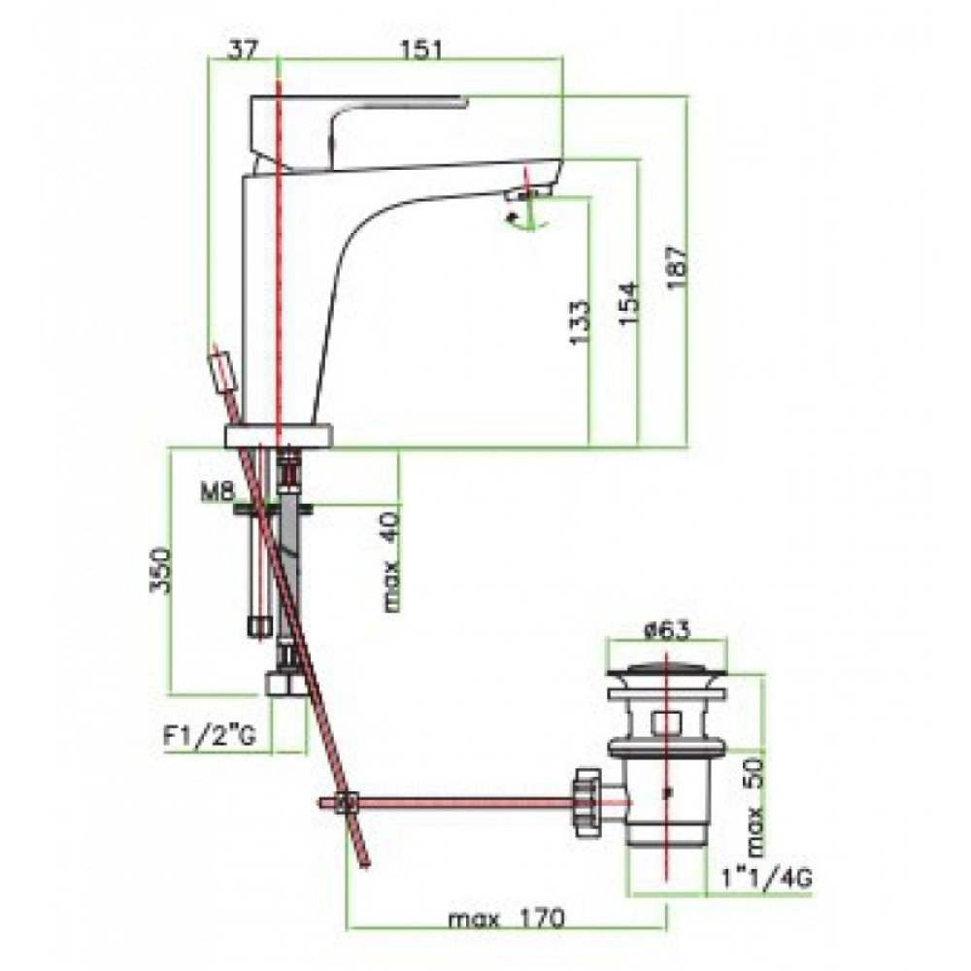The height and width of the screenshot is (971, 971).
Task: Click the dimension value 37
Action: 242,50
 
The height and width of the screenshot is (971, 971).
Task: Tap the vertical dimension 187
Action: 677,267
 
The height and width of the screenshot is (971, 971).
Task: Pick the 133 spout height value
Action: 580,322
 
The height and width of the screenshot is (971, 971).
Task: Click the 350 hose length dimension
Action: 160,570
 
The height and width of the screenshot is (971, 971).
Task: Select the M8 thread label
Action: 218,493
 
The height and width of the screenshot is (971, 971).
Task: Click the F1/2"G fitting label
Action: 210,738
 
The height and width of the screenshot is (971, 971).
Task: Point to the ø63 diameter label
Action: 667,630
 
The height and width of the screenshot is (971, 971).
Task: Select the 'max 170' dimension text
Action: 507,919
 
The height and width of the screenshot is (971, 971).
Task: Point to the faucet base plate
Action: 279,436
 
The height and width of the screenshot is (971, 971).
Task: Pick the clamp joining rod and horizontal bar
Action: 347,803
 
